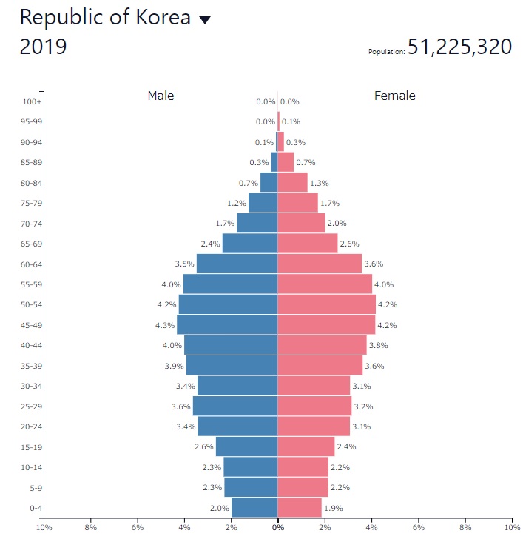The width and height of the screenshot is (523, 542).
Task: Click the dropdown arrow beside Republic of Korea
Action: tap(205, 20)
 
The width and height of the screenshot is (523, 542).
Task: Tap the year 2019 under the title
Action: tap(43, 47)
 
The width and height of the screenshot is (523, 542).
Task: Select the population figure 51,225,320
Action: tap(459, 47)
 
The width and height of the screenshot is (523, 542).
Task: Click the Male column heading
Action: tap(161, 96)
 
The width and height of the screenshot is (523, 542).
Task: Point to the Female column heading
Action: tap(395, 96)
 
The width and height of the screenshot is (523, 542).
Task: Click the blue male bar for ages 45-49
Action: tap(227, 324)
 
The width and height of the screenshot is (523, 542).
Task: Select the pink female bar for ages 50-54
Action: tap(326, 304)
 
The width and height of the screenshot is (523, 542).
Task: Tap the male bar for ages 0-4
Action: tap(254, 507)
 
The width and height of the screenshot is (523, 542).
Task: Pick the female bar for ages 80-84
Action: tap(292, 182)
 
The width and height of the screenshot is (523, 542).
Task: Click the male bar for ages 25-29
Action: tap(235, 406)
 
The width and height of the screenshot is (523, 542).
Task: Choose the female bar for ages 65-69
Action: tap(307, 243)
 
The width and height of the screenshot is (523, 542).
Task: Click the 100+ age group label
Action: tap(32, 101)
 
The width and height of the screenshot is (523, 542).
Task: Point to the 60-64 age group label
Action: tap(32, 264)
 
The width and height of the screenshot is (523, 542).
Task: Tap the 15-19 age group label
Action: tap(32, 446)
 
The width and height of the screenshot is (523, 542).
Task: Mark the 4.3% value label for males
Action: tap(165, 325)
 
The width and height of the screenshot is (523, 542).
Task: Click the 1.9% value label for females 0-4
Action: tap(333, 508)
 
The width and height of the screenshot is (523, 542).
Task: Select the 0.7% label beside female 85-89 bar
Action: tap(306, 162)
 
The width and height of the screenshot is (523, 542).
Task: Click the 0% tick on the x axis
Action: tap(277, 528)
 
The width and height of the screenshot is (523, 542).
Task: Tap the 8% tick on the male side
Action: tap(90, 528)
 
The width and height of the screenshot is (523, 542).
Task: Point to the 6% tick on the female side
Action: tap(418, 528)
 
